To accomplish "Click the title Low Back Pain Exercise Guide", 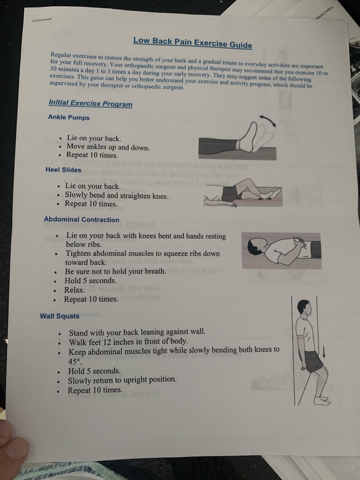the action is click(x=192, y=43).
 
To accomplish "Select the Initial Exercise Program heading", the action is click(x=91, y=103).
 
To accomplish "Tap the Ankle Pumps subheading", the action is click(x=69, y=117).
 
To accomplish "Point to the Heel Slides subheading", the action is click(x=63, y=170).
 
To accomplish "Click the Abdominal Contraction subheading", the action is click(x=81, y=220).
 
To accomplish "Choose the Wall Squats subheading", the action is click(x=59, y=316).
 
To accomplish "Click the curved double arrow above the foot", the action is click(x=267, y=120).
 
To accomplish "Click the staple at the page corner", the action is click(x=42, y=20).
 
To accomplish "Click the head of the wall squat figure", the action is click(x=304, y=308).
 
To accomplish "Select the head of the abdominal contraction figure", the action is click(x=256, y=247).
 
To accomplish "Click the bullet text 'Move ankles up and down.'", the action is click(x=108, y=147).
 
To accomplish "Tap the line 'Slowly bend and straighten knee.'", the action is click(x=117, y=195).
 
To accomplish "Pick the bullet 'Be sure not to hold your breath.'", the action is click(x=115, y=272).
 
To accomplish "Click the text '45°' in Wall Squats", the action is click(x=75, y=362).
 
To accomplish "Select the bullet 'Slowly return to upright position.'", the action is click(x=122, y=380).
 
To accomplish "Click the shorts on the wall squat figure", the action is click(x=313, y=361).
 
